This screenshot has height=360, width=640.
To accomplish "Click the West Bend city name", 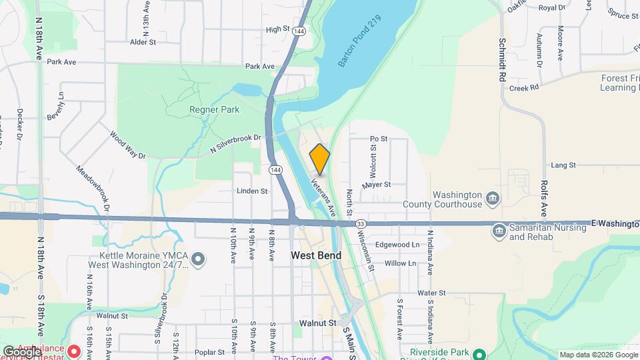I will coord(316,255).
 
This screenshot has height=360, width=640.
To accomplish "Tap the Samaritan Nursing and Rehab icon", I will coord(499,231).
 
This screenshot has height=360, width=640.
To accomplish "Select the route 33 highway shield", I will coord(361,224).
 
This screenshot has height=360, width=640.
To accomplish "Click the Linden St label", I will coord(252,191).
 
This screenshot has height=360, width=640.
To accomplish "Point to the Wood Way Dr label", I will coord(128,145).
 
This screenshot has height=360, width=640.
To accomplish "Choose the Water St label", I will coord(431,293).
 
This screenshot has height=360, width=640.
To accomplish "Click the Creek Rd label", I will coord(523,88).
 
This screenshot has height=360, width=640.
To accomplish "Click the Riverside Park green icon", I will coord(478,353).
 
